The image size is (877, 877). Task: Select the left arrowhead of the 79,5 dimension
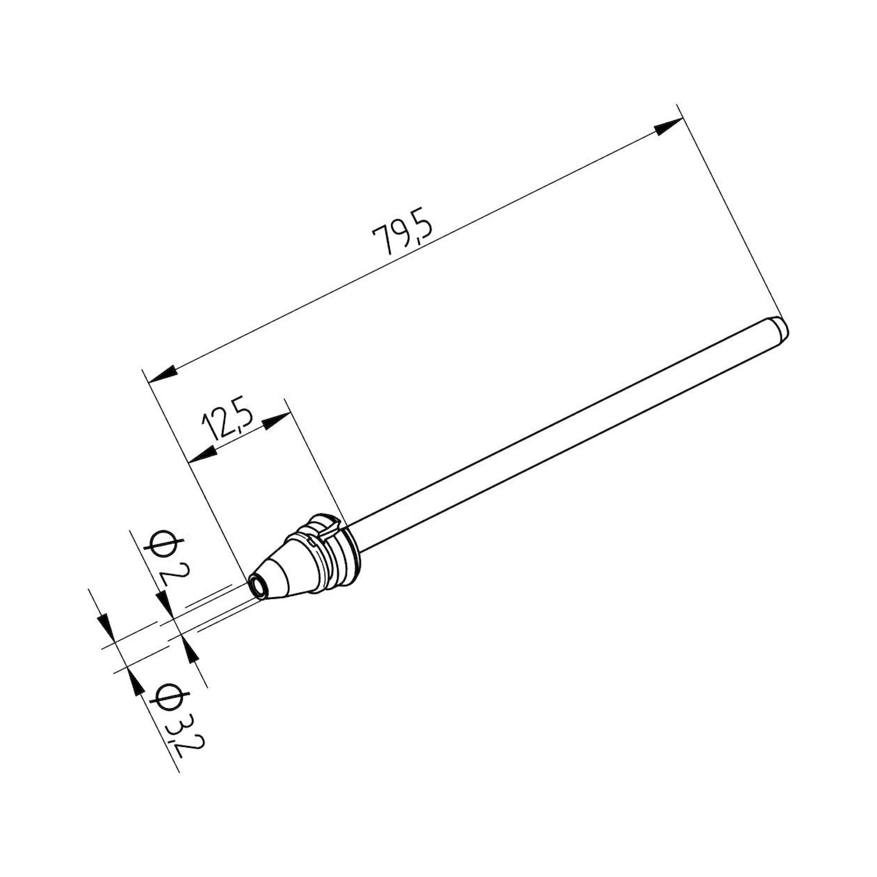(x=161, y=374)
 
